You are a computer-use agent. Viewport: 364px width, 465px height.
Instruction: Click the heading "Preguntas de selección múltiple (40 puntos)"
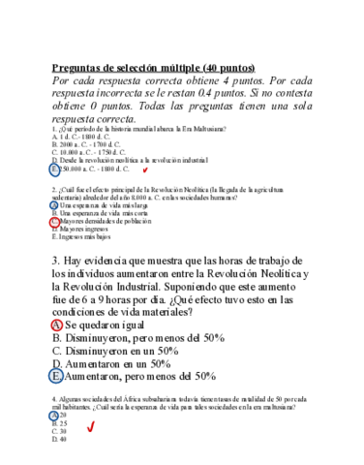coord(152,68)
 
